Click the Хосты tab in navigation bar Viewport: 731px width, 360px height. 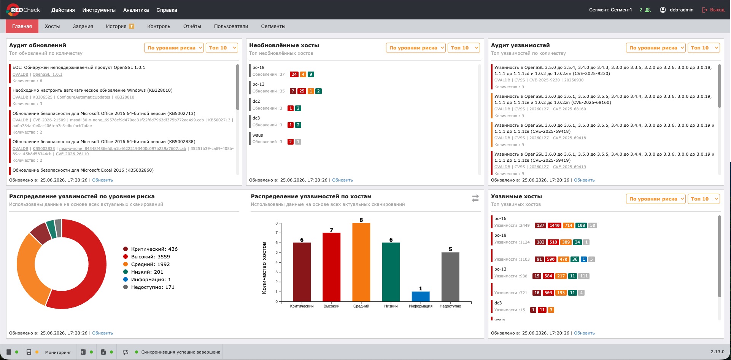(52, 26)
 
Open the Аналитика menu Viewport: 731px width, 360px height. (136, 10)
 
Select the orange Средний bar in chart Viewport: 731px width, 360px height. (361, 262)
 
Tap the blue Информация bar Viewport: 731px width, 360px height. (421, 296)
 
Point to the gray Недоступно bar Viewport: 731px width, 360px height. (450, 277)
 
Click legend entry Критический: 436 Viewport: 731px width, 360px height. (151, 249)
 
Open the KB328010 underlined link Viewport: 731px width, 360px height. (124, 97)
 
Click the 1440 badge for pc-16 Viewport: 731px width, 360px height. (555, 225)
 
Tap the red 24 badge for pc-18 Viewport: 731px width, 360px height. (294, 75)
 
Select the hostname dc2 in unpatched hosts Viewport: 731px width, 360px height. (256, 101)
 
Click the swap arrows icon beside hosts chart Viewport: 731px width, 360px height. (475, 198)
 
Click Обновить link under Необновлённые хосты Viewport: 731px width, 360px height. (343, 180)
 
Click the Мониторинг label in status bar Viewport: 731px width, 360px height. (58, 352)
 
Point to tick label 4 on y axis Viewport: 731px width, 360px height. (277, 262)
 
